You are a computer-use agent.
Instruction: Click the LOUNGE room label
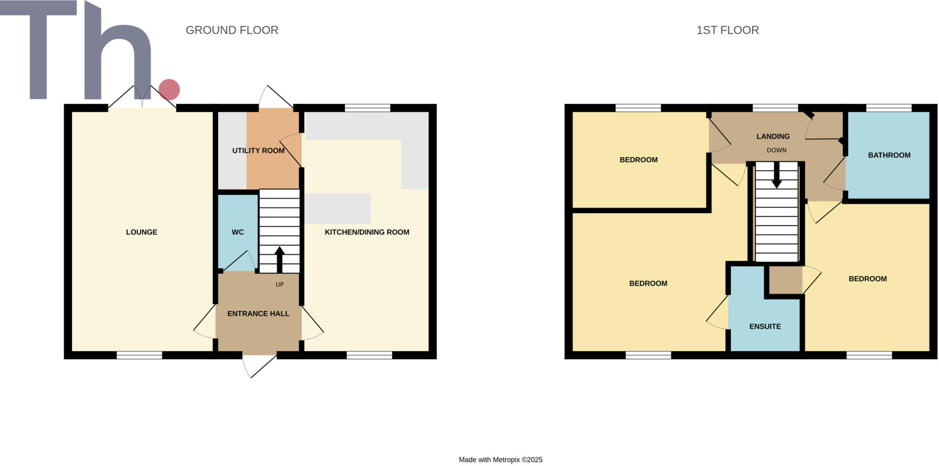click(141, 232)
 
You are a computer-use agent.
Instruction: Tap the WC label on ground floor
click(238, 232)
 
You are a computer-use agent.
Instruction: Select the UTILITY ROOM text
click(258, 150)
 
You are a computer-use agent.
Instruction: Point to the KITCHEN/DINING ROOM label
click(367, 232)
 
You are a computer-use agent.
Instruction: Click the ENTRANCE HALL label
click(258, 313)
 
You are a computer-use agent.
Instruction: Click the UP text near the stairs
click(280, 285)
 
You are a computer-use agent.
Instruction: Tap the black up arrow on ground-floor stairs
click(279, 259)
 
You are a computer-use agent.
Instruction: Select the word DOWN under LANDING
click(776, 150)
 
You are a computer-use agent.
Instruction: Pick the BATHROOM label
click(889, 155)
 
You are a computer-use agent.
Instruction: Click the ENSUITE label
click(765, 326)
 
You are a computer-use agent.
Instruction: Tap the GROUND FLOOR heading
click(232, 30)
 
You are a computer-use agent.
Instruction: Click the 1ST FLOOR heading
click(728, 30)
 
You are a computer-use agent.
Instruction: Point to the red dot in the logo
click(169, 89)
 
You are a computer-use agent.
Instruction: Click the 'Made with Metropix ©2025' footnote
click(500, 460)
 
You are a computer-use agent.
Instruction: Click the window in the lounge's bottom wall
click(139, 355)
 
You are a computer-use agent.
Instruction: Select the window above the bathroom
click(889, 108)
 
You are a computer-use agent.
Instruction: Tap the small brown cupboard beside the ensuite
click(785, 280)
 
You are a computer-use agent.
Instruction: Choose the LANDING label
click(773, 136)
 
